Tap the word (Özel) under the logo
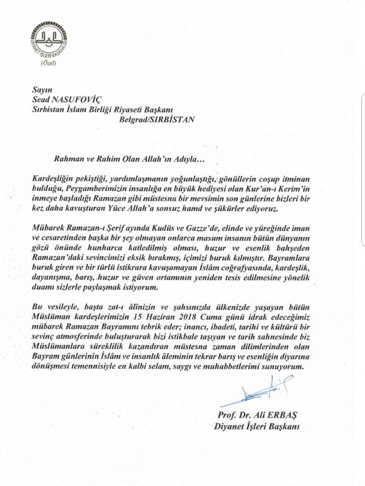pyautogui.click(x=48, y=63)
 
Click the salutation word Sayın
pyautogui.click(x=39, y=90)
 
